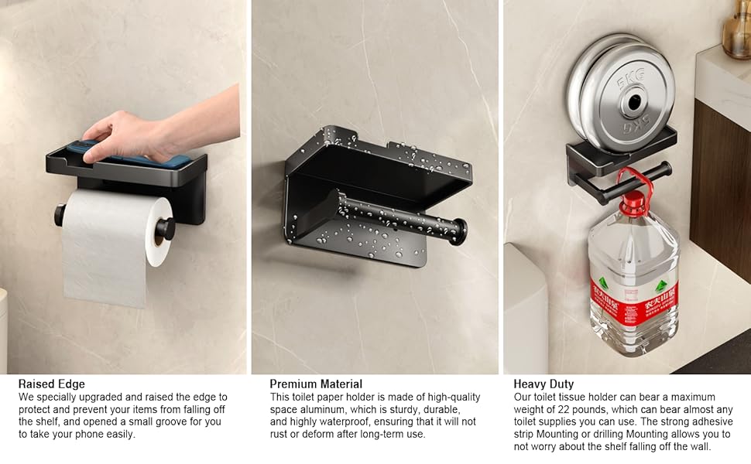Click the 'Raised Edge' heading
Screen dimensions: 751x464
(x=51, y=384)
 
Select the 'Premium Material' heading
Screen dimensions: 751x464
(x=316, y=384)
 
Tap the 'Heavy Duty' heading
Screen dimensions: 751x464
(x=544, y=384)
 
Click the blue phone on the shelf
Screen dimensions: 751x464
(x=129, y=155)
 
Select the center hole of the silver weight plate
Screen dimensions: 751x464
(x=635, y=102)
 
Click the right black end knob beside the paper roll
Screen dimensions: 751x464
(x=166, y=229)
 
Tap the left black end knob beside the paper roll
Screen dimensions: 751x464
(x=60, y=215)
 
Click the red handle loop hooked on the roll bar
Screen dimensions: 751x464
(x=634, y=181)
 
